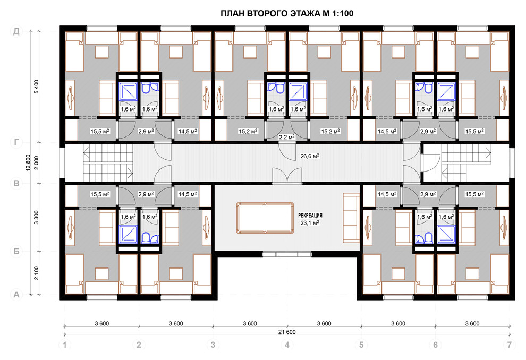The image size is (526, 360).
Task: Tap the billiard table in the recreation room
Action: [x=265, y=218]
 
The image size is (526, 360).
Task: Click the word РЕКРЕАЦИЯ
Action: [x=310, y=216]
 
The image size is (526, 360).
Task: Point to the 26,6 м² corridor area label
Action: [x=310, y=156]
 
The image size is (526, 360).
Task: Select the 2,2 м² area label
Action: [x=287, y=137]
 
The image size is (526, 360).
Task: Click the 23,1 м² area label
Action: [x=310, y=222]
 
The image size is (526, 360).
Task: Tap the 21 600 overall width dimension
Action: [x=287, y=332]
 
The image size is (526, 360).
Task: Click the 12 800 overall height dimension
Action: [x=28, y=163]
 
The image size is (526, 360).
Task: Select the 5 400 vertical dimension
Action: [x=36, y=87]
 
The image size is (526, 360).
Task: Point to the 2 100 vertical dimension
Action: [x=36, y=273]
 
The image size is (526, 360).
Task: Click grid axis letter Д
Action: [x=16, y=31]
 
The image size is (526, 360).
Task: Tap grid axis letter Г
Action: [x=16, y=143]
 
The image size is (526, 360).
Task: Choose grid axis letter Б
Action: [x=16, y=251]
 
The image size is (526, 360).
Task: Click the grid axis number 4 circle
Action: [x=287, y=345]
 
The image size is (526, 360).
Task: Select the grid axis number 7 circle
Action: [x=510, y=345]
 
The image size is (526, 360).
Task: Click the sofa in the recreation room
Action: [x=351, y=217]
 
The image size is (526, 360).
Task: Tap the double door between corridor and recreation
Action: [x=287, y=176]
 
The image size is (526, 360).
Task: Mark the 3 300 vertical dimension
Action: [x=36, y=217]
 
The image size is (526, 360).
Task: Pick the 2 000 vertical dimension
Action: [x=36, y=163]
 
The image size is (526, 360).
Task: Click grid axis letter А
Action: [x=16, y=295]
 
